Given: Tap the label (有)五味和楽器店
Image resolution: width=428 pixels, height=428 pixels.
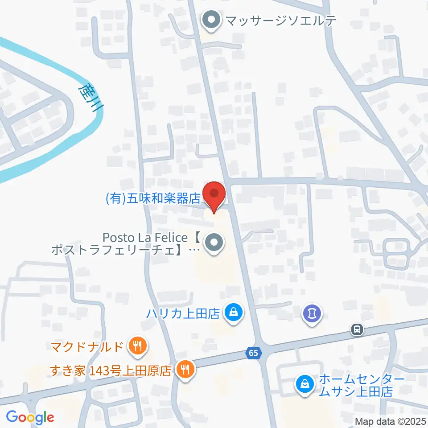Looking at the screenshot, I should pyautogui.click(x=153, y=198).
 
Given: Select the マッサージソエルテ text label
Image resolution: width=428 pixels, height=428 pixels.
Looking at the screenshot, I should pyautogui.click(x=281, y=21).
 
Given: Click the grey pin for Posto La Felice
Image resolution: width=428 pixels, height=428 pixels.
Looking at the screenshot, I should pyautogui.click(x=214, y=243).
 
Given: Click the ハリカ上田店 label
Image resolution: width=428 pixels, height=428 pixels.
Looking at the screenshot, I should pyautogui.click(x=184, y=313).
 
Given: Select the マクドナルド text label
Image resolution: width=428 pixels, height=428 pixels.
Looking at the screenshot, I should pyautogui.click(x=87, y=346).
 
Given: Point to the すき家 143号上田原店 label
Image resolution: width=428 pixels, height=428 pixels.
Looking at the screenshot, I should pyautogui.click(x=111, y=370).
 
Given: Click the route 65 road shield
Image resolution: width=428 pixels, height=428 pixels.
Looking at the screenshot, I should pyautogui.click(x=253, y=353).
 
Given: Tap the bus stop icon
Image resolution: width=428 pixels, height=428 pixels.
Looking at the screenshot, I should pyautogui.click(x=357, y=330).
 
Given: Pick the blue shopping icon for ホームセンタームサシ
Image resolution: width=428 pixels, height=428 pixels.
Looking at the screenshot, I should pyautogui.click(x=305, y=383).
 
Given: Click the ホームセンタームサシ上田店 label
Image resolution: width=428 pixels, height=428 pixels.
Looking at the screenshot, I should pyautogui.click(x=356, y=386).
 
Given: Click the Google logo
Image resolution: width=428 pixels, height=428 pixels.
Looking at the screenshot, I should pyautogui.click(x=30, y=417).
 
